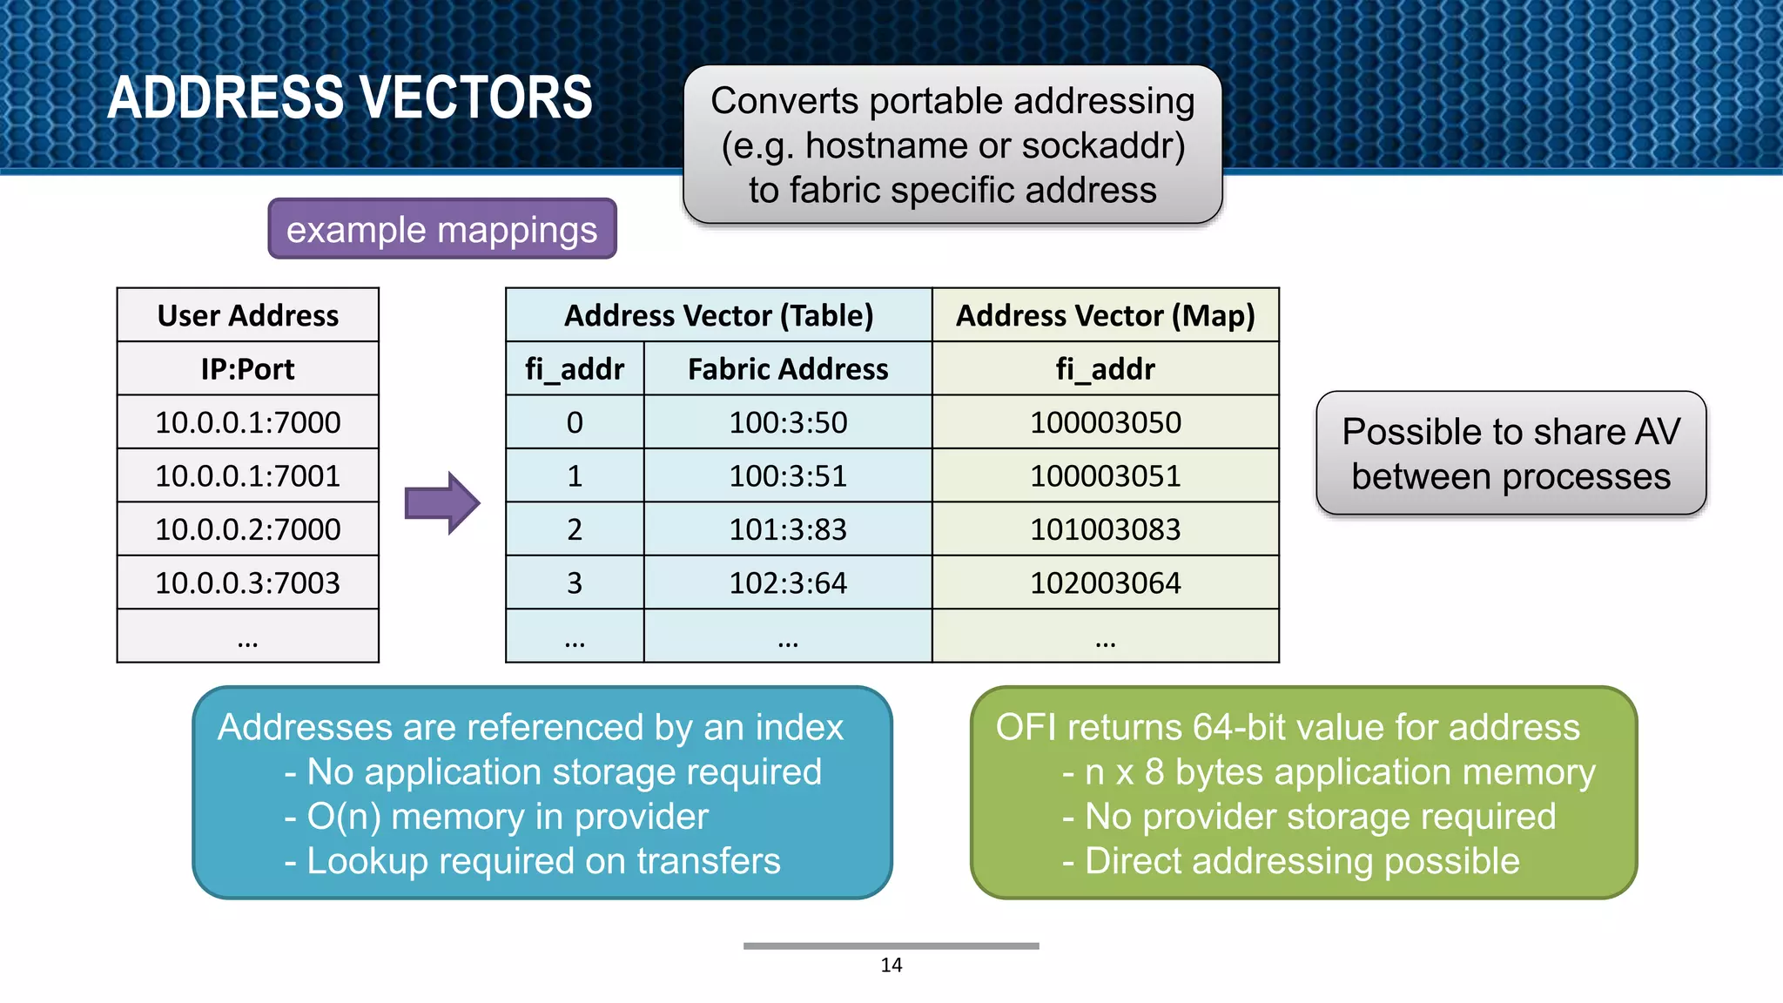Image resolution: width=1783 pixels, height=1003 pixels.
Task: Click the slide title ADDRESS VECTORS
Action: click(x=350, y=97)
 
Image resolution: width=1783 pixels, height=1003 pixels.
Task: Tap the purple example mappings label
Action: click(x=441, y=230)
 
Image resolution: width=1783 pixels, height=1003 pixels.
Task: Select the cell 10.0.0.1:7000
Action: click(x=248, y=422)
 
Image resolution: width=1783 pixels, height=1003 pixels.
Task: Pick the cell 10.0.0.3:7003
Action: click(x=248, y=582)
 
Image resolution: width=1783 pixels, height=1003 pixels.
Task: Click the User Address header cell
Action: click(x=248, y=315)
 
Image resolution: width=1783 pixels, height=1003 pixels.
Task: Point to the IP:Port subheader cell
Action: click(x=248, y=369)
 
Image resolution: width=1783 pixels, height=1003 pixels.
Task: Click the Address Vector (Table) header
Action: click(x=718, y=315)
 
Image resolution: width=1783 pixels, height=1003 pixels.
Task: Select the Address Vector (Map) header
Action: click(x=1105, y=315)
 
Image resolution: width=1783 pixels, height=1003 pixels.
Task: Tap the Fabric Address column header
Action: click(x=788, y=369)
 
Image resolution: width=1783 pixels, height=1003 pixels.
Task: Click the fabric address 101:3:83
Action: click(x=788, y=529)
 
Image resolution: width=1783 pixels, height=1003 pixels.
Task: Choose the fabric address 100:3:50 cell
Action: click(x=788, y=422)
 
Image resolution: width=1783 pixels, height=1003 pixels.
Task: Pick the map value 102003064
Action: click(x=1105, y=582)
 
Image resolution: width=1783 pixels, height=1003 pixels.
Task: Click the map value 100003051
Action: click(x=1105, y=476)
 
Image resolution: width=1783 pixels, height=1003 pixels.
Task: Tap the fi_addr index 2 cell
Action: click(x=575, y=529)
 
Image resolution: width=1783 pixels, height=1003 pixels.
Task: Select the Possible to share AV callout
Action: click(x=1511, y=454)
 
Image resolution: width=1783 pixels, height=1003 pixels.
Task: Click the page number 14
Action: click(x=891, y=965)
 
